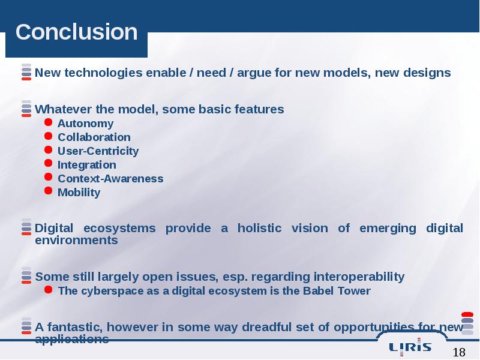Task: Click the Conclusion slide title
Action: tap(77, 32)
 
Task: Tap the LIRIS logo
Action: tap(410, 347)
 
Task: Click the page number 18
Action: tap(459, 352)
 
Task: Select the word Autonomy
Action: tap(85, 124)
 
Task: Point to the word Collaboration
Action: tap(94, 137)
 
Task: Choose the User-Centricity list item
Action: tap(98, 151)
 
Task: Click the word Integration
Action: tap(87, 165)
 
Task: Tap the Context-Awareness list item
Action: tap(110, 178)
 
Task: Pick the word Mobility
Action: tap(79, 193)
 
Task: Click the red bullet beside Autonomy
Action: tap(48, 122)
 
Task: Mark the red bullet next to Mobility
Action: tap(48, 191)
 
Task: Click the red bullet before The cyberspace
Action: tap(48, 289)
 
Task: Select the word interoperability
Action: tap(359, 277)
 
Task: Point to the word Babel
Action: tap(317, 291)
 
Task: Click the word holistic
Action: tap(259, 228)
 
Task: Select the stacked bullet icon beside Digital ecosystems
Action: tap(26, 227)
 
